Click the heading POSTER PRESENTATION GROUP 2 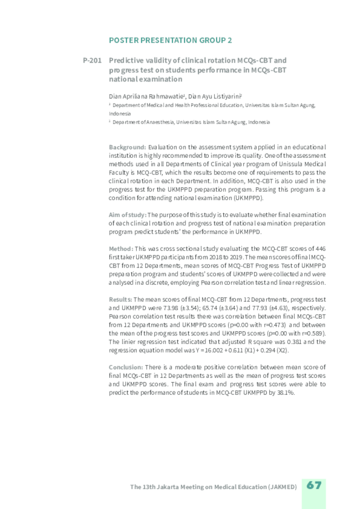click(x=171, y=40)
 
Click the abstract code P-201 click(x=92, y=60)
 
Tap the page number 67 click(x=314, y=485)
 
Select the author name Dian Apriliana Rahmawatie click(x=147, y=95)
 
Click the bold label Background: click(x=127, y=147)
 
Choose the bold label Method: click(x=121, y=249)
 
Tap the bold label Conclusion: click(x=126, y=367)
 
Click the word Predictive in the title click(x=126, y=60)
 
